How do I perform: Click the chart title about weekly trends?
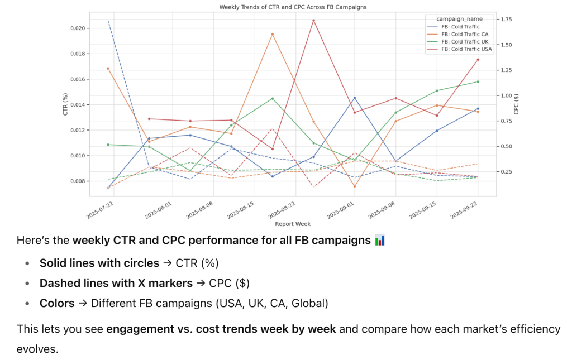pyautogui.click(x=293, y=7)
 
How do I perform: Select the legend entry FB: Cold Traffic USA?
pyautogui.click(x=466, y=49)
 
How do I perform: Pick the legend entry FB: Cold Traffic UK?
pyautogui.click(x=464, y=41)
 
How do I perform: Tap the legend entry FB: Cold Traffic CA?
pyautogui.click(x=464, y=34)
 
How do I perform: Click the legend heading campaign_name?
pyautogui.click(x=459, y=19)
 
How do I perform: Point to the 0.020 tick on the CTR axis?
pyautogui.click(x=77, y=28)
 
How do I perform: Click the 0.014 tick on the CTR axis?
pyautogui.click(x=77, y=105)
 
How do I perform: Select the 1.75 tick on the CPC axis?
pyautogui.click(x=507, y=20)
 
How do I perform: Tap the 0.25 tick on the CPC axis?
pyautogui.click(x=507, y=172)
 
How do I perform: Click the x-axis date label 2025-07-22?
pyautogui.click(x=101, y=212)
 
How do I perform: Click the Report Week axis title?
pyautogui.click(x=293, y=224)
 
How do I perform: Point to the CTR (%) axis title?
pyautogui.click(x=65, y=104)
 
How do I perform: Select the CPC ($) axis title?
pyautogui.click(x=517, y=104)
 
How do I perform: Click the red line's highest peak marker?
pyautogui.click(x=313, y=21)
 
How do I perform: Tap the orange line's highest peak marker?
pyautogui.click(x=272, y=34)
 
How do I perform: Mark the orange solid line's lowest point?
pyautogui.click(x=355, y=186)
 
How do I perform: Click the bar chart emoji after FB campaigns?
pyautogui.click(x=380, y=241)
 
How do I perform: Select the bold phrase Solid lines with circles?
pyautogui.click(x=99, y=263)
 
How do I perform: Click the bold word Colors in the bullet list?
pyautogui.click(x=57, y=303)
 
